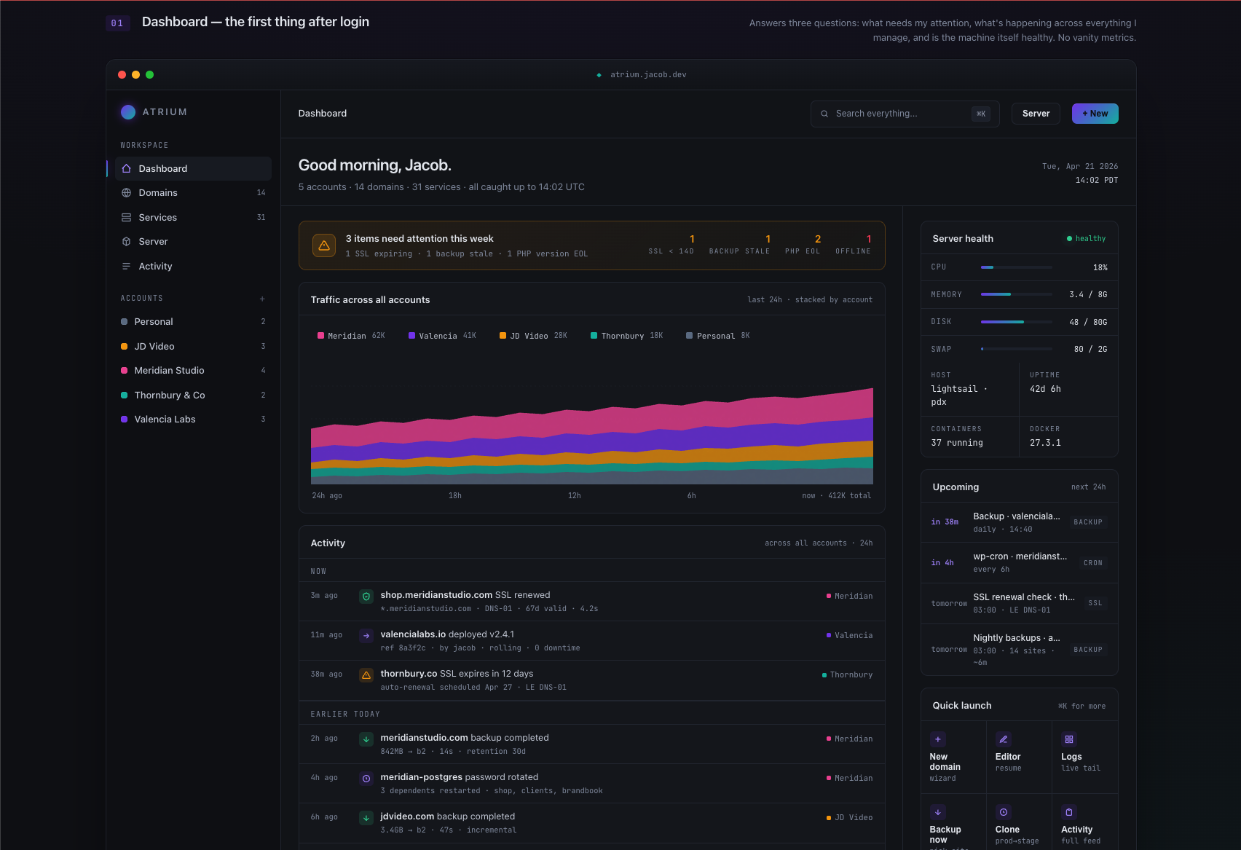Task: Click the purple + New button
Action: click(x=1095, y=114)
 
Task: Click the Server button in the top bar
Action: click(x=1036, y=114)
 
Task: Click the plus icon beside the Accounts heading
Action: click(x=262, y=299)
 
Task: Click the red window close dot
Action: click(x=122, y=75)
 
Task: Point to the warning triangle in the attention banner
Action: click(x=324, y=245)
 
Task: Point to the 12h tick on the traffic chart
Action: click(x=574, y=496)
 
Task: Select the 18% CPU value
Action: click(x=1100, y=267)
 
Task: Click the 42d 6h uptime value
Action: click(x=1045, y=389)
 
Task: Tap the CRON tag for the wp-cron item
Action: click(x=1092, y=563)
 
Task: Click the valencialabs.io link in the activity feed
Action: click(x=413, y=634)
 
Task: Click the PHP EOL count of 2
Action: click(x=817, y=240)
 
